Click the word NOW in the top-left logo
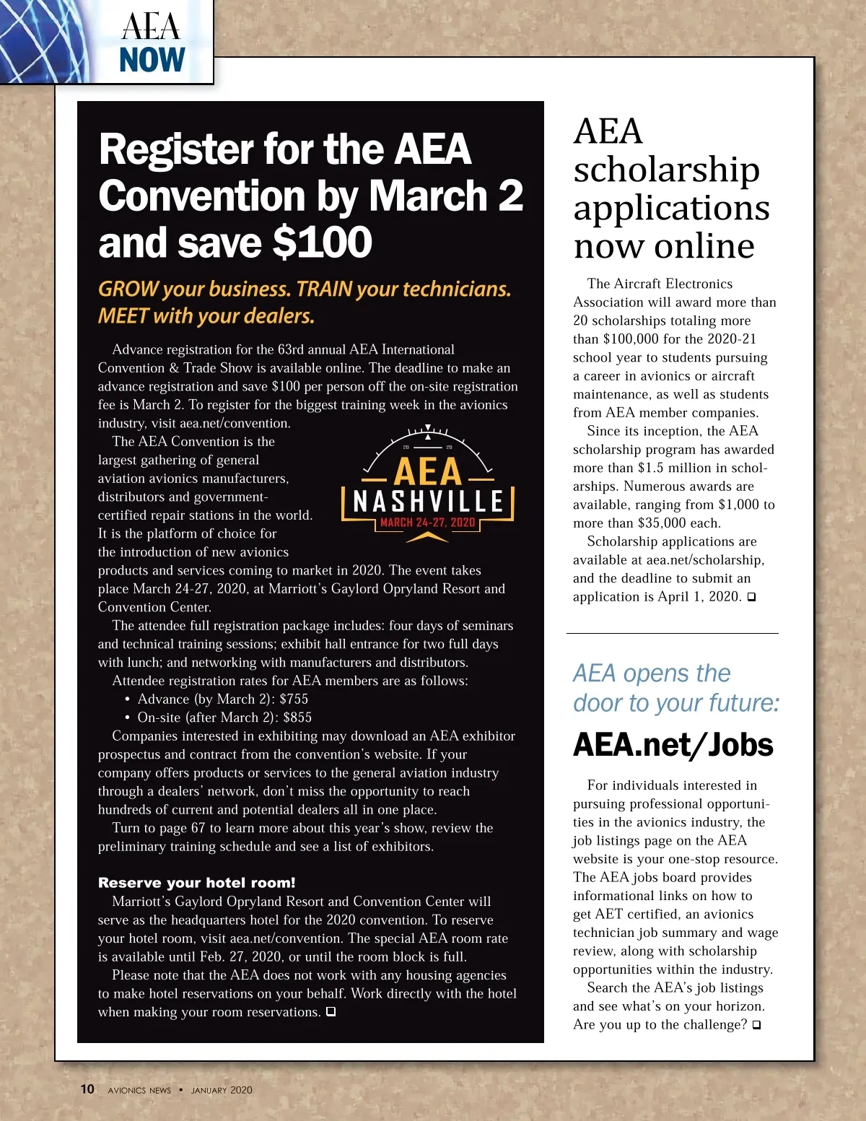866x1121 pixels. click(152, 60)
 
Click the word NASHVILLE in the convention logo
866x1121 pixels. click(428, 501)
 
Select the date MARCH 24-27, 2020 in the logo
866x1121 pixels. click(428, 523)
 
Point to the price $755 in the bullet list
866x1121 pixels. click(294, 699)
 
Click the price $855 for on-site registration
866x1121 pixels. click(297, 717)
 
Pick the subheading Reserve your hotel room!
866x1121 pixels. click(197, 883)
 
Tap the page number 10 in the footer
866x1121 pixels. click(87, 1089)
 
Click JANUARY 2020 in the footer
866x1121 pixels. click(222, 1090)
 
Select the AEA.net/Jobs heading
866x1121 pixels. click(673, 745)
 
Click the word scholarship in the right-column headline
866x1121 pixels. click(666, 170)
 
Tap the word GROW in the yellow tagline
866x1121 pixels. click(128, 289)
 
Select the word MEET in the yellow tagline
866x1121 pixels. click(123, 316)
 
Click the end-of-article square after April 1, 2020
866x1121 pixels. click(751, 597)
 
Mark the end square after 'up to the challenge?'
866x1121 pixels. click(756, 1025)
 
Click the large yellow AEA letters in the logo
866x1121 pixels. click(428, 472)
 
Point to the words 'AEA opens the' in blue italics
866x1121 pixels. click(652, 673)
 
